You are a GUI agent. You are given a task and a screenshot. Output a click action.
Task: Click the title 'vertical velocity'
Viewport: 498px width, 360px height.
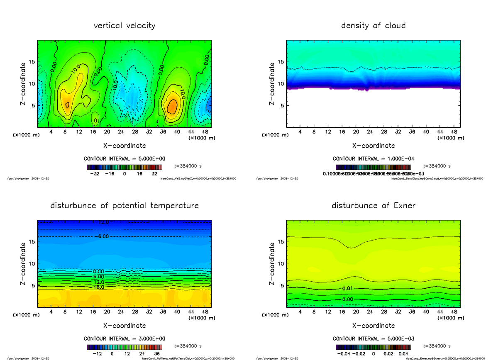tap(124, 26)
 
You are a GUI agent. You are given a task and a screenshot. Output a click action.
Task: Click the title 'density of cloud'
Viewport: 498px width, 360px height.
tap(373, 26)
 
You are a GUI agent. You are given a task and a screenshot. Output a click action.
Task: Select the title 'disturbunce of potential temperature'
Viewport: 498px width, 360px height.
tap(124, 206)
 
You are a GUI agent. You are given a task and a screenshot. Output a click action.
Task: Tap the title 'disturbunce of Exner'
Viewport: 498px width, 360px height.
tap(373, 206)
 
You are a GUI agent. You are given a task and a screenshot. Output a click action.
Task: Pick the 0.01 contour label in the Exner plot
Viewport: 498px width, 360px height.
tap(348, 288)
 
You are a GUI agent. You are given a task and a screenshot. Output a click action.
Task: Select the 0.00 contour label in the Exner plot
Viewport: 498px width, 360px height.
tap(348, 299)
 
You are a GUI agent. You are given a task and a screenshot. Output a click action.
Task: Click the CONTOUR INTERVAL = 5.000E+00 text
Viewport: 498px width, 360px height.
tap(124, 159)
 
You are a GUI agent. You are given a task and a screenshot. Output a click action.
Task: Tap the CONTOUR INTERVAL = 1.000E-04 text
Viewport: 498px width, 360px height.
tap(373, 159)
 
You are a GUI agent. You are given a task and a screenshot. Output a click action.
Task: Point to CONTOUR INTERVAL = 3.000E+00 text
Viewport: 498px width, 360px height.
tap(124, 338)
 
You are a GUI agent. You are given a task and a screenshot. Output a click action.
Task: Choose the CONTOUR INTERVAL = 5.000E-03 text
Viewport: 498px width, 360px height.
tap(373, 338)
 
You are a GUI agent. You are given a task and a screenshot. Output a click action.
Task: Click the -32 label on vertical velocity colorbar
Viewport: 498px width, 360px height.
tap(97, 174)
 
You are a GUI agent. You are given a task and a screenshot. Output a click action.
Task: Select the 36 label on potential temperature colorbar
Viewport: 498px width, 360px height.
tap(157, 354)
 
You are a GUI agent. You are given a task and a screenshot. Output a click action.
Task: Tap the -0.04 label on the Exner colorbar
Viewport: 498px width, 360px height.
tap(343, 354)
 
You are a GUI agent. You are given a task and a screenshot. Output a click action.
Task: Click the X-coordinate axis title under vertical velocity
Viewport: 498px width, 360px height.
tap(124, 146)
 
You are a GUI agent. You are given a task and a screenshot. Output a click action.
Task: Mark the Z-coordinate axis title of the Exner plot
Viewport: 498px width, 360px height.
tap(272, 264)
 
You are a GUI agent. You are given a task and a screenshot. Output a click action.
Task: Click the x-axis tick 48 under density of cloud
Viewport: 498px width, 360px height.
tap(454, 132)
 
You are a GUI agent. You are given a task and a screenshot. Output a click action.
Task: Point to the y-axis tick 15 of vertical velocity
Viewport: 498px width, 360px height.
tap(32, 62)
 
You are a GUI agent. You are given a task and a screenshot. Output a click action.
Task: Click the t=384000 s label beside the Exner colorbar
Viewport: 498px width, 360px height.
tap(437, 346)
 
